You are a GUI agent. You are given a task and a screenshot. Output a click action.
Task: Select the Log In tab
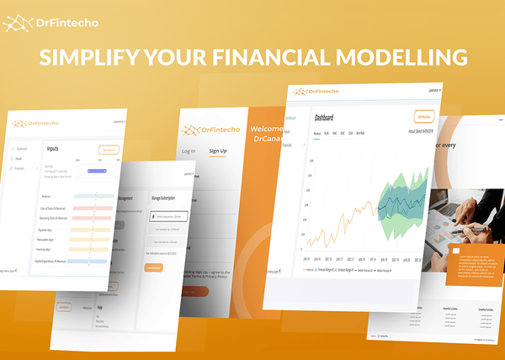189,151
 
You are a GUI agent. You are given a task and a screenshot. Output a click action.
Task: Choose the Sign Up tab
218,151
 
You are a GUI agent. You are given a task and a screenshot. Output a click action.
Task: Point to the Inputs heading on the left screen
53,148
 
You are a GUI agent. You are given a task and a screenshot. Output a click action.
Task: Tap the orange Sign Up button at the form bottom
194,292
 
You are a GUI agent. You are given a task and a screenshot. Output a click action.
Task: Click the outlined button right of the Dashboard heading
424,117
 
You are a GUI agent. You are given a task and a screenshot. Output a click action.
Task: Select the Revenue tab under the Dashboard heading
317,134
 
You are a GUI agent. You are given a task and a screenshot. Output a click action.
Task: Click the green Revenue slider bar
93,195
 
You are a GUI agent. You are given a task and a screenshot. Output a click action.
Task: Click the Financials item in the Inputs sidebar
19,168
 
